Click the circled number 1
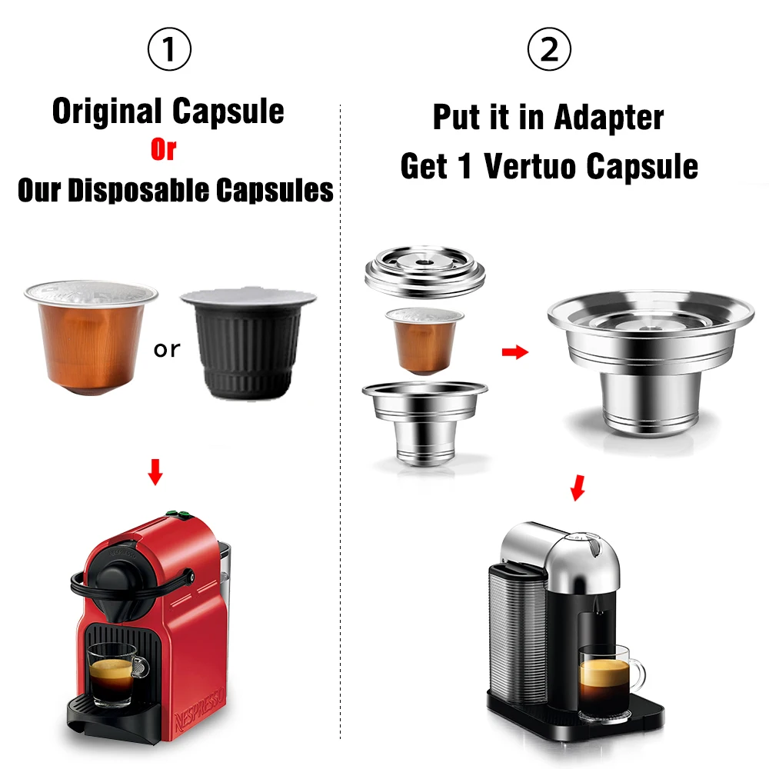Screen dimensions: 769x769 [168, 51]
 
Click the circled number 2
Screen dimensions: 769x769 [549, 51]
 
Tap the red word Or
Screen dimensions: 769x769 [163, 150]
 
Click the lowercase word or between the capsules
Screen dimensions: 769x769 [166, 350]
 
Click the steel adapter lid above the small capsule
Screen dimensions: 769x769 [424, 273]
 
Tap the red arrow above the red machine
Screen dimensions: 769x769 [155, 473]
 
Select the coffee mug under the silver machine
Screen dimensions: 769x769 [610, 677]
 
